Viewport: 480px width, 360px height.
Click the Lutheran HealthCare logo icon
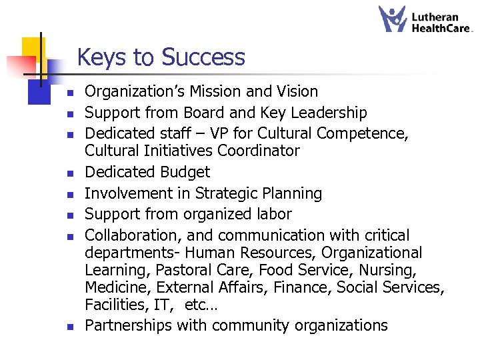(x=393, y=19)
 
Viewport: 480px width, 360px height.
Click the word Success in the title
(x=205, y=58)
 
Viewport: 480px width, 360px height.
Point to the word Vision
(x=295, y=91)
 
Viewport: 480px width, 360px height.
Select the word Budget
(x=183, y=172)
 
